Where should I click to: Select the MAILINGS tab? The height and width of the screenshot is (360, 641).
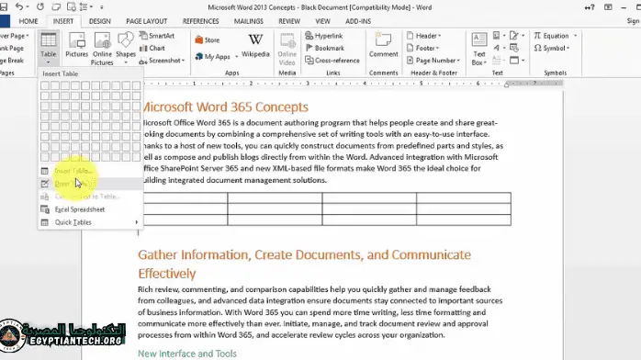248,20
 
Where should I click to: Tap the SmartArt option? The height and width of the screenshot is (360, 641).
160,37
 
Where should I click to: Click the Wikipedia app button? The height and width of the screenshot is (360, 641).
255,46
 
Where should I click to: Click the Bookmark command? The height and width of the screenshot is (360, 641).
326,49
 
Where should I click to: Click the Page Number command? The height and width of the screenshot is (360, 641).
432,61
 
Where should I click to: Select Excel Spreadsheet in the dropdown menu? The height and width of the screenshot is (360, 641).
79,209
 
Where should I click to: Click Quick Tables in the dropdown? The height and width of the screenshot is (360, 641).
73,222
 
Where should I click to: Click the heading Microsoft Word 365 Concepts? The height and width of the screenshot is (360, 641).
224,107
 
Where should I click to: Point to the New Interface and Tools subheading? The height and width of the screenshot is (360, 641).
187,354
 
